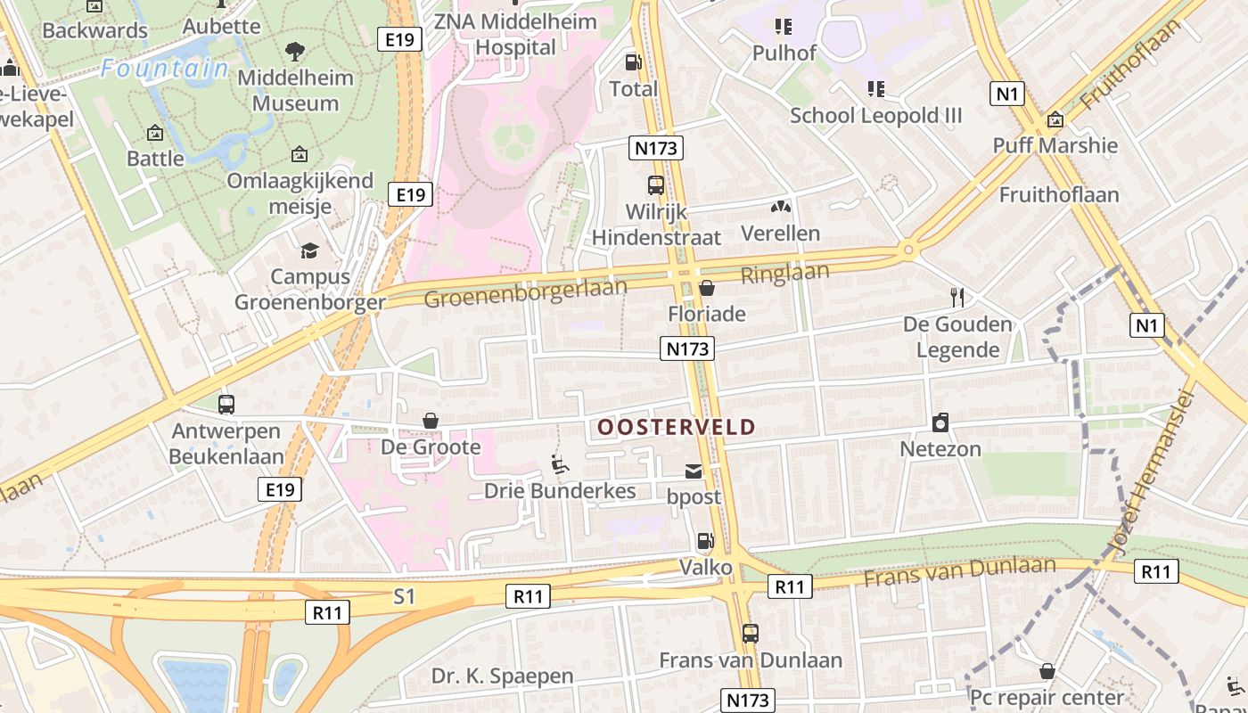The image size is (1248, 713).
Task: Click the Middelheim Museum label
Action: coord(295,90)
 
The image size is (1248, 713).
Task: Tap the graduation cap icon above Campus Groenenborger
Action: coord(309,251)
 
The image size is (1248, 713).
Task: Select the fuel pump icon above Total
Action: coord(633,62)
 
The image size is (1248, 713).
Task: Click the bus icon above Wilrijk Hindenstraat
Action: coord(656,185)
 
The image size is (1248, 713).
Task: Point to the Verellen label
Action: coord(780,234)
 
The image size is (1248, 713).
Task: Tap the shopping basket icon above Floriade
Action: coord(707,288)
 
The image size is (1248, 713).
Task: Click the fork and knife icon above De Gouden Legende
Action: coord(957,297)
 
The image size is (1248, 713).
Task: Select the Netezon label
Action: coord(940,448)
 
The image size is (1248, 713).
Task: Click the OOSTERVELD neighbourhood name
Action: coord(676,428)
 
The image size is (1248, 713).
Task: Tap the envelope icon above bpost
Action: coord(694,471)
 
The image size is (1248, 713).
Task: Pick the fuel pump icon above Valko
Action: coord(705,541)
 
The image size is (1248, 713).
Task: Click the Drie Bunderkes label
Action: coord(560,491)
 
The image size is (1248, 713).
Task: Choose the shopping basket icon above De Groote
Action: coord(431,421)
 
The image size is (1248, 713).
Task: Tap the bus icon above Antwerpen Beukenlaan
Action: coord(226,405)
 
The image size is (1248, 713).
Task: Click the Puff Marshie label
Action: coord(1055,145)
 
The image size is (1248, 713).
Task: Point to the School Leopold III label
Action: coord(876,115)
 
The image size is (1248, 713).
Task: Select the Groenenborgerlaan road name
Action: coord(525,292)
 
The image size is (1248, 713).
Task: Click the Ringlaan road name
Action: coord(785,274)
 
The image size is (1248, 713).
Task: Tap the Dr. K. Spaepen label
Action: coord(502,676)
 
